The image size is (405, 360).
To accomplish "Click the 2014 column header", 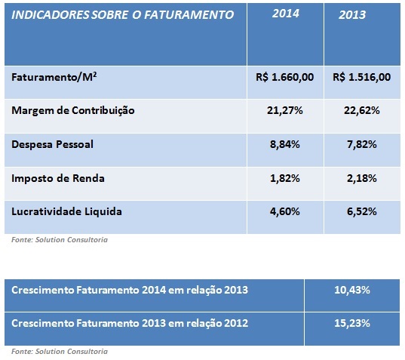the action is [x=285, y=14].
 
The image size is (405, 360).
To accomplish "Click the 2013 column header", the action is [x=352, y=15].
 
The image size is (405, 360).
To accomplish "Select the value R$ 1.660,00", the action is [x=284, y=77].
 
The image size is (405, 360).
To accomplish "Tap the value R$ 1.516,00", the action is [x=361, y=77].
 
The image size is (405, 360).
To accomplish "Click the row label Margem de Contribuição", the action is [x=73, y=111].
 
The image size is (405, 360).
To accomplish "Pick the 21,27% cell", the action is [x=285, y=110].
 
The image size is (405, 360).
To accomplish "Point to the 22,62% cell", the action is [x=361, y=110].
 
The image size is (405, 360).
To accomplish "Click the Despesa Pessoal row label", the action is [x=53, y=144].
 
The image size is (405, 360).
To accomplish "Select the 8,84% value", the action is [x=285, y=144].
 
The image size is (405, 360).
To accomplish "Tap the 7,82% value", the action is [x=361, y=144].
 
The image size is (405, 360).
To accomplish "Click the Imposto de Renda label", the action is [x=58, y=178].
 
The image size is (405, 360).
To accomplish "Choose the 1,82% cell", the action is [x=285, y=178].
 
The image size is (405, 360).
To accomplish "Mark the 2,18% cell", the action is [x=361, y=178].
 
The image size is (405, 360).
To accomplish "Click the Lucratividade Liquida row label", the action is [x=66, y=211].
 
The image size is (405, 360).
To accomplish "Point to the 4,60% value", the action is [x=285, y=211].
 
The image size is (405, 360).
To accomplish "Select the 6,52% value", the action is [x=361, y=211].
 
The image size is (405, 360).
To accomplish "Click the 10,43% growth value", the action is [x=352, y=290].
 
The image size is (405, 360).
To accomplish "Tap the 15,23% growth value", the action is [x=352, y=323].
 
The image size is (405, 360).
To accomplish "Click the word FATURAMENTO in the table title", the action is [x=189, y=15].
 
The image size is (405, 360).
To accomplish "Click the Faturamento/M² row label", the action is [x=54, y=77].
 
